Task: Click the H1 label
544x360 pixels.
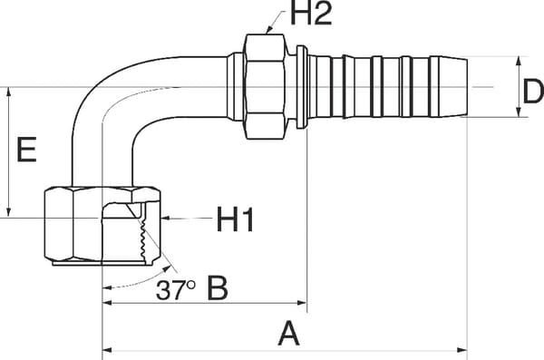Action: point(234,219)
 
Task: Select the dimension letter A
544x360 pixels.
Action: point(288,335)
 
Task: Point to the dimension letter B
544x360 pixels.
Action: point(219,288)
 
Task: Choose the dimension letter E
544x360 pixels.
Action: point(26,150)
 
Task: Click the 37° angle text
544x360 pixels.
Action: point(176,290)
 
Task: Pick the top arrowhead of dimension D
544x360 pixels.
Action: point(518,62)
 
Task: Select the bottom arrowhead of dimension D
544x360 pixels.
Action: point(518,115)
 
